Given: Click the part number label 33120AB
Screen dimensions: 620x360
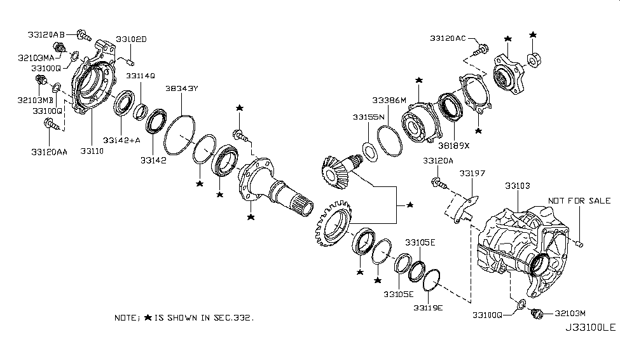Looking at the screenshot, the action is click(x=46, y=35).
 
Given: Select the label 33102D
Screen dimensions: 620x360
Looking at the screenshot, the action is click(x=131, y=39).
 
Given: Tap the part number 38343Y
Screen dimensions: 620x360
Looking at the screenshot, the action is click(x=181, y=88).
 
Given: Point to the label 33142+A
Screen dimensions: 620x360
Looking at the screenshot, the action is click(x=121, y=140).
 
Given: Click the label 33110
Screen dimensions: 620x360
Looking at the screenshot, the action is click(x=92, y=151).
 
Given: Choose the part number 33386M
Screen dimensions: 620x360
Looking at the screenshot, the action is click(x=389, y=100).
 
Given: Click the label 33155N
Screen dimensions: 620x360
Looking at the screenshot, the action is click(x=369, y=117).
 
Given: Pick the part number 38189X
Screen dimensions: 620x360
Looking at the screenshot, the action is click(x=453, y=146).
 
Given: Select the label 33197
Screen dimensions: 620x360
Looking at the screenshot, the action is click(x=472, y=173).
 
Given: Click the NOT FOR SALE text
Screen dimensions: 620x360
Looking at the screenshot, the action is click(x=579, y=201).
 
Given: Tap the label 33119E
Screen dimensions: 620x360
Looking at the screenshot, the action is click(x=428, y=307).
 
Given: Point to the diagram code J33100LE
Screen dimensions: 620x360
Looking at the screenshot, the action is click(x=590, y=328).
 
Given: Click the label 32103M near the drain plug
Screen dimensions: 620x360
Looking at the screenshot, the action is click(x=570, y=314).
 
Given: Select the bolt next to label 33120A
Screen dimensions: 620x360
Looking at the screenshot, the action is click(x=439, y=183).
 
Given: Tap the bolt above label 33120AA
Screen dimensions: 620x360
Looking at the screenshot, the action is click(x=52, y=125).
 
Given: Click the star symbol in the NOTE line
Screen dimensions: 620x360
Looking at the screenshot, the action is click(x=148, y=317).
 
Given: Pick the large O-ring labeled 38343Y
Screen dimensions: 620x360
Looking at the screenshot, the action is click(x=179, y=135).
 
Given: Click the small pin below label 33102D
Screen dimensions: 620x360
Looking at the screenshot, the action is click(x=131, y=62).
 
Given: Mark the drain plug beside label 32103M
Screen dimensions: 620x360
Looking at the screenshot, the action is click(x=537, y=314).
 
